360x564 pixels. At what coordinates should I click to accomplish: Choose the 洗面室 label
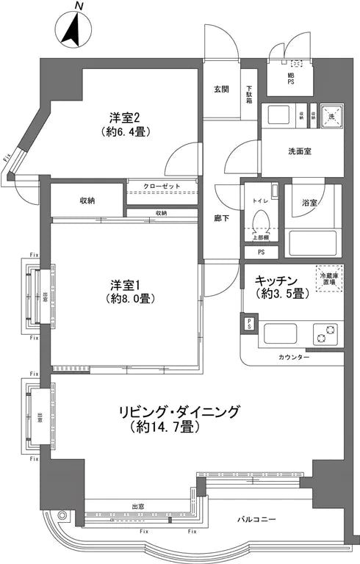299,153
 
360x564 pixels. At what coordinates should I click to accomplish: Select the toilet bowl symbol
259,221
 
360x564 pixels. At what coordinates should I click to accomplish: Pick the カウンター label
294,356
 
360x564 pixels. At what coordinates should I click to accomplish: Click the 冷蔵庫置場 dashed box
328,275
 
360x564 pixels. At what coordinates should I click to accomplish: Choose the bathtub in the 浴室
308,242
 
